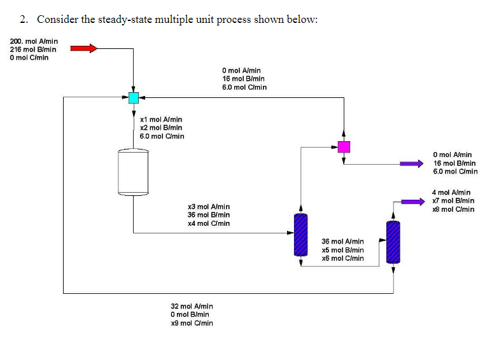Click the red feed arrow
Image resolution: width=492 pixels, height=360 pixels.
pos(83,48)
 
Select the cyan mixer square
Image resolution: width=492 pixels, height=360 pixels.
pos(133,98)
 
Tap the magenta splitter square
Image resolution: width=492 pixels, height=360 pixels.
pos(344,147)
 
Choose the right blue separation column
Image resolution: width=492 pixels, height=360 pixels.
pos(393,242)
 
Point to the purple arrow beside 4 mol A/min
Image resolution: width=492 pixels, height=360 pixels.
pos(412,202)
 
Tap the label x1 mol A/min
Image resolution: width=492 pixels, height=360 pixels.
pos(161,119)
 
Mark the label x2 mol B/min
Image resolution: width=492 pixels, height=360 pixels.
pos(161,127)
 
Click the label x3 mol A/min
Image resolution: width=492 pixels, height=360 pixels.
pos(209,207)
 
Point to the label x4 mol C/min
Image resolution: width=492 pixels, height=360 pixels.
pos(209,223)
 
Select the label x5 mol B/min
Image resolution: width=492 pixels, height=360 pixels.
pos(342,250)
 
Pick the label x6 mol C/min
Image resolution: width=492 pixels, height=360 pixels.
pos(342,258)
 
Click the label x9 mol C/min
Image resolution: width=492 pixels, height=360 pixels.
pos(192,323)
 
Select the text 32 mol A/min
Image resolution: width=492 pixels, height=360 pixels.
pos(192,307)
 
